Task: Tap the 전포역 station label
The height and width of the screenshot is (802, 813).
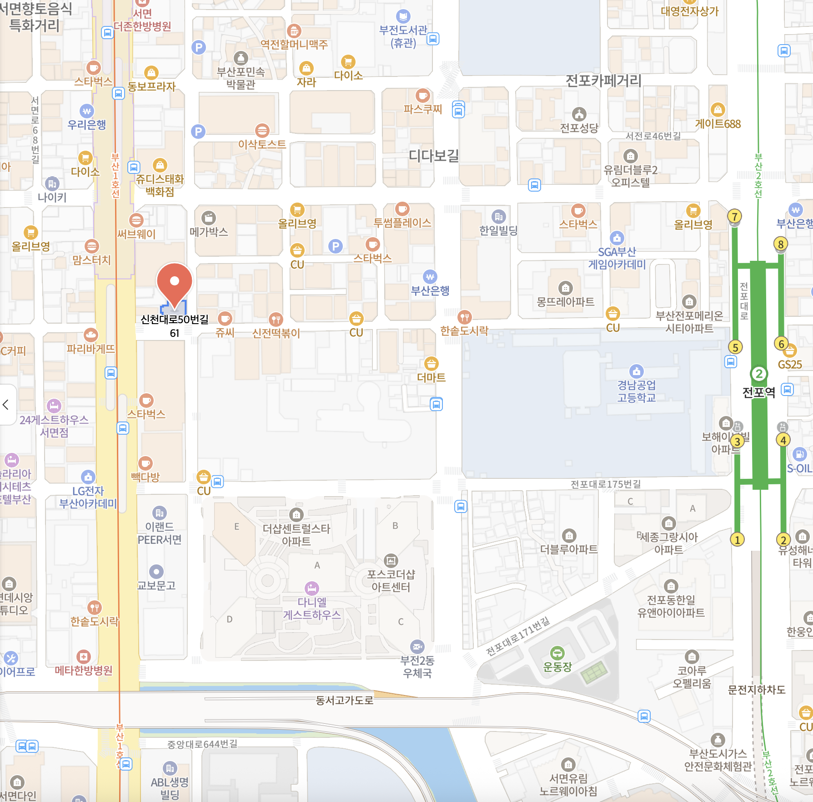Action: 758,392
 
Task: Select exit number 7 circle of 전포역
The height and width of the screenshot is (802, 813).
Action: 734,217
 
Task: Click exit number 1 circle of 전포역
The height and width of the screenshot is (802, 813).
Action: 737,540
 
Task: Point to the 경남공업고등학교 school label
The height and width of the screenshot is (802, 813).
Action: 636,391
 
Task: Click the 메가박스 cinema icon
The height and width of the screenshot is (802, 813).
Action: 208,218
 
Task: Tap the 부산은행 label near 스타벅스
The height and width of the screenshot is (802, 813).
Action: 430,290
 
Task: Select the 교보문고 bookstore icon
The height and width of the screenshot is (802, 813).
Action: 156,572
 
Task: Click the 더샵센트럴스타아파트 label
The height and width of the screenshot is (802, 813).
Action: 296,535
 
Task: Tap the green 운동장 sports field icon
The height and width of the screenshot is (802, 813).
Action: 557,654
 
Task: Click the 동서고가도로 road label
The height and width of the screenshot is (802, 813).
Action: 344,700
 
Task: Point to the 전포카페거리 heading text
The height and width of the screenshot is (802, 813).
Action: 603,81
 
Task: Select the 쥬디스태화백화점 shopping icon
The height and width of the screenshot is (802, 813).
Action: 160,165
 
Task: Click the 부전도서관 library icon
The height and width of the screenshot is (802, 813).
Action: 403,16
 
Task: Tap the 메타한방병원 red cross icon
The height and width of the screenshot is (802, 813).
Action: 83,657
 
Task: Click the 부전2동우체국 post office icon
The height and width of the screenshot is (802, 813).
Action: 417,647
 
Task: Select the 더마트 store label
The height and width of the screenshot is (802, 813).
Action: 431,377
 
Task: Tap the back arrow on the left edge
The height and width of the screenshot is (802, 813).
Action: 6,405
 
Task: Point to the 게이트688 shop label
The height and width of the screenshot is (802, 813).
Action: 718,124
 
